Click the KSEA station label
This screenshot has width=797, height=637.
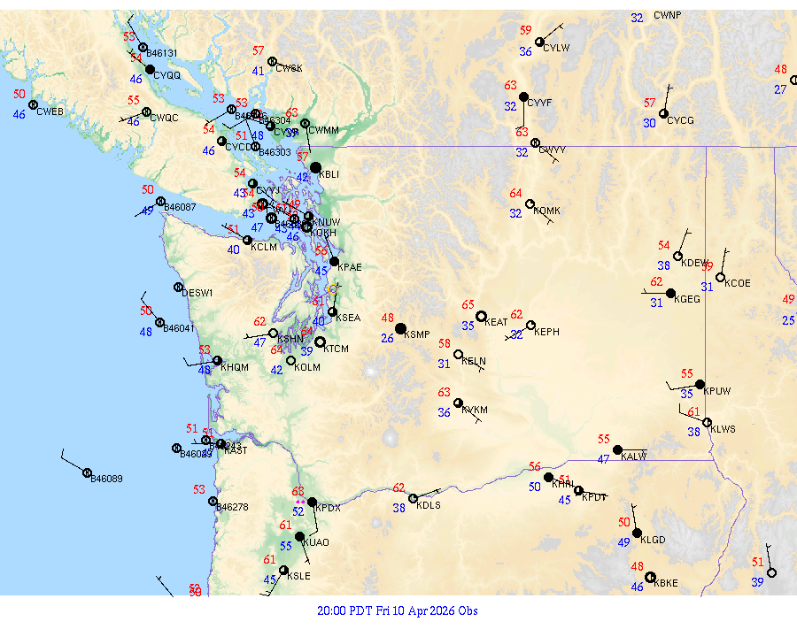(x=348, y=318)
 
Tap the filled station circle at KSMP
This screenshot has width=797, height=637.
(x=400, y=329)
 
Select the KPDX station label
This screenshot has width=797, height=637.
(x=329, y=508)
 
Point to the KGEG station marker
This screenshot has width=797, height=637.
(x=670, y=293)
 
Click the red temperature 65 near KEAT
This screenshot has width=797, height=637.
(x=468, y=304)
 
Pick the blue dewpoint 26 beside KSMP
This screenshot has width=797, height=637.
(x=388, y=338)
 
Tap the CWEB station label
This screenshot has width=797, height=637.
(x=50, y=111)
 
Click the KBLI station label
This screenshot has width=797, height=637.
(x=329, y=174)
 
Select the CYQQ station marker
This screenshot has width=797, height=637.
(x=150, y=69)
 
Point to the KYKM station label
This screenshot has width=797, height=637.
(x=476, y=411)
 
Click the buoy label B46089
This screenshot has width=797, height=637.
(x=107, y=479)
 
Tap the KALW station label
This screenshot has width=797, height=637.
(x=634, y=457)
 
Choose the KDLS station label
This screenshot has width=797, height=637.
(x=429, y=505)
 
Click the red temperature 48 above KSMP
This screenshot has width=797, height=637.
(x=388, y=318)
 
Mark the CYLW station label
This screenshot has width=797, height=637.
(x=556, y=48)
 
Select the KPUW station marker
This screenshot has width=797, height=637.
(x=700, y=385)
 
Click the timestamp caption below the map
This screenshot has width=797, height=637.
(x=398, y=610)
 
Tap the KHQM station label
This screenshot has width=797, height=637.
(x=235, y=366)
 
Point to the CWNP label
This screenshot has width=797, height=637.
(x=668, y=16)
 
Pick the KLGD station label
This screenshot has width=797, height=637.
(x=653, y=540)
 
